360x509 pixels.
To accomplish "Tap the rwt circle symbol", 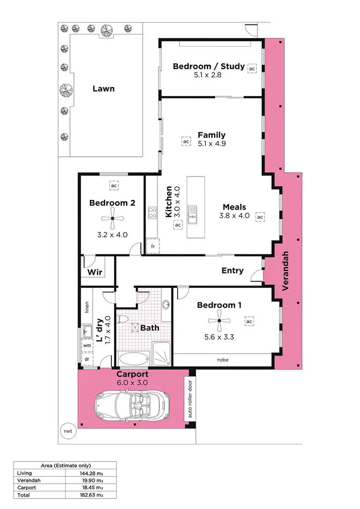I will [x=68, y=431].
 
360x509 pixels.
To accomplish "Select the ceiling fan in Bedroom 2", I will [x=112, y=219].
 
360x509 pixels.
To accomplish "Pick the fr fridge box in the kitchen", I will [x=153, y=246].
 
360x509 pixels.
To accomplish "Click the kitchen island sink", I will [x=192, y=214].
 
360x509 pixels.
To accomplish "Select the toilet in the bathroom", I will [x=123, y=319].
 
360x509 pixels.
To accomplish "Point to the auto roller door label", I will [x=190, y=400].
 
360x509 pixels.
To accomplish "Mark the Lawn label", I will [x=104, y=88].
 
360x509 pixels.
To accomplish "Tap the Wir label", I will [x=95, y=272].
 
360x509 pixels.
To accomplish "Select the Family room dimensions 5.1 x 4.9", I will [x=212, y=143].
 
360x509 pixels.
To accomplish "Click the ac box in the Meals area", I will [x=260, y=217].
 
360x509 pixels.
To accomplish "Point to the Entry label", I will [x=232, y=271].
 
